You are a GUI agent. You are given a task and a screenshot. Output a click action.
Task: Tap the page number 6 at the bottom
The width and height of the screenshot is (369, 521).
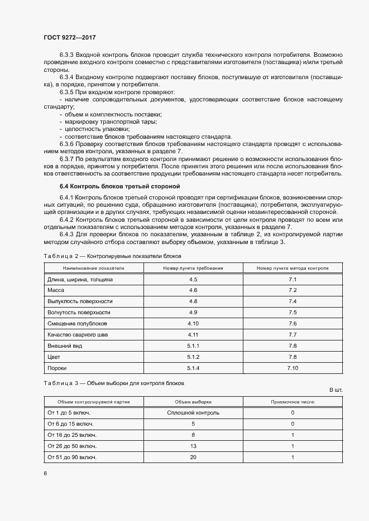(45, 473)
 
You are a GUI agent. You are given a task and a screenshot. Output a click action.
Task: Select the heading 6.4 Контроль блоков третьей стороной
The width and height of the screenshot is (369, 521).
(119, 186)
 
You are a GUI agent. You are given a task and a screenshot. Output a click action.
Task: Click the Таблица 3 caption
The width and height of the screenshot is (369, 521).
(114, 383)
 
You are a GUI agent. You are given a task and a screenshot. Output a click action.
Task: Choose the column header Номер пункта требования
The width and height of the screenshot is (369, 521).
(193, 268)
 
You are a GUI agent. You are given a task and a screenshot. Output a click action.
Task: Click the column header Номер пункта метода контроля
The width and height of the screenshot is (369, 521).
(293, 268)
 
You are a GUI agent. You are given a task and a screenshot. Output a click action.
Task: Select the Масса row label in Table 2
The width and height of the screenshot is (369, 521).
(56, 290)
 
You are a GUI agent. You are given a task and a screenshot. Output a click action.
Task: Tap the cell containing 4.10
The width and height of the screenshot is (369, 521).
(193, 324)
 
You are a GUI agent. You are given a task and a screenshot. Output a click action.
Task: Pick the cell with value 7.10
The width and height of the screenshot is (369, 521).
(293, 368)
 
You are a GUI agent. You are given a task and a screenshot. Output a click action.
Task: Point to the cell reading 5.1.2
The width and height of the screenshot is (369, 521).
(193, 357)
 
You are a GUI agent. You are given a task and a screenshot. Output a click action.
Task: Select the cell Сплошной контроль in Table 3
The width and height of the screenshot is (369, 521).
(193, 413)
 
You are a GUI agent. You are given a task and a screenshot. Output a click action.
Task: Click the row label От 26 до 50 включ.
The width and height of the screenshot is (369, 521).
(72, 446)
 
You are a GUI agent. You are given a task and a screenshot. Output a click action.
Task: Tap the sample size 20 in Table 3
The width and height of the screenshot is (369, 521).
(193, 457)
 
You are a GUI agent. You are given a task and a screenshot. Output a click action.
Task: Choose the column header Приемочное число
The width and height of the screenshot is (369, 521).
(293, 401)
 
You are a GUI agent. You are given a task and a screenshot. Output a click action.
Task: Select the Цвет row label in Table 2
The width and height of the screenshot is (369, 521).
(54, 357)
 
